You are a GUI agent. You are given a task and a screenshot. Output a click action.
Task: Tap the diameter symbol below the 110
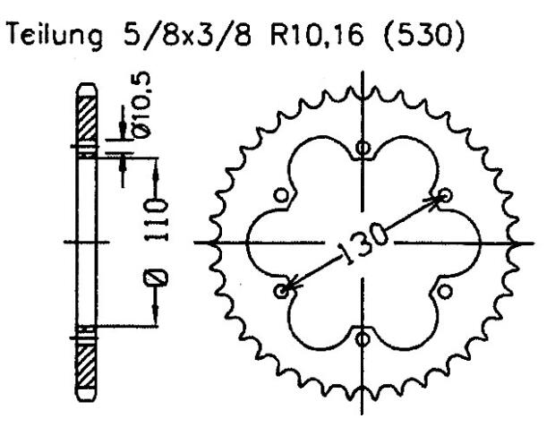(x=158, y=277)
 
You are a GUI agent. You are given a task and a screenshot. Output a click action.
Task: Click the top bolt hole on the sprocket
(x=362, y=149)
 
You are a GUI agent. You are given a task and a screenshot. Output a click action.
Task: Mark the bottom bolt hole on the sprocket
(x=362, y=337)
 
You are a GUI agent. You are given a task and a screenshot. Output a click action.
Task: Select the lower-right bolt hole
(x=443, y=290)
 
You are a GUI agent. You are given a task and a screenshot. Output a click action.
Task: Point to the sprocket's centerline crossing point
(x=362, y=243)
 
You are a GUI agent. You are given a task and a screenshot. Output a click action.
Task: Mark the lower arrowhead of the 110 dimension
(x=158, y=319)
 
